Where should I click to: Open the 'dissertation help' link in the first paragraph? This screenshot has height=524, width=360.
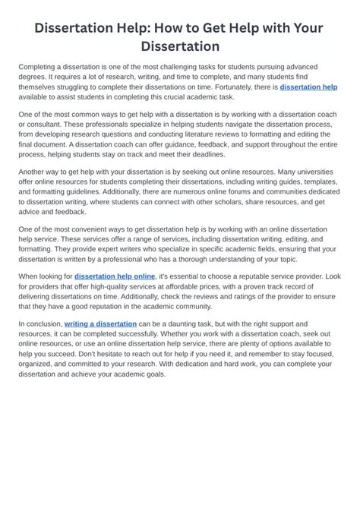[308, 87]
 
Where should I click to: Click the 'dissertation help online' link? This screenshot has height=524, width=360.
[115, 276]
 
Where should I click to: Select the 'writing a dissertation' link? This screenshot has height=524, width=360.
[100, 324]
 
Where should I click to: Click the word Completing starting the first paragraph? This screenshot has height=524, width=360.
[38, 68]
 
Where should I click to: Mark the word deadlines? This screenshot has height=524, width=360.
[205, 153]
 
